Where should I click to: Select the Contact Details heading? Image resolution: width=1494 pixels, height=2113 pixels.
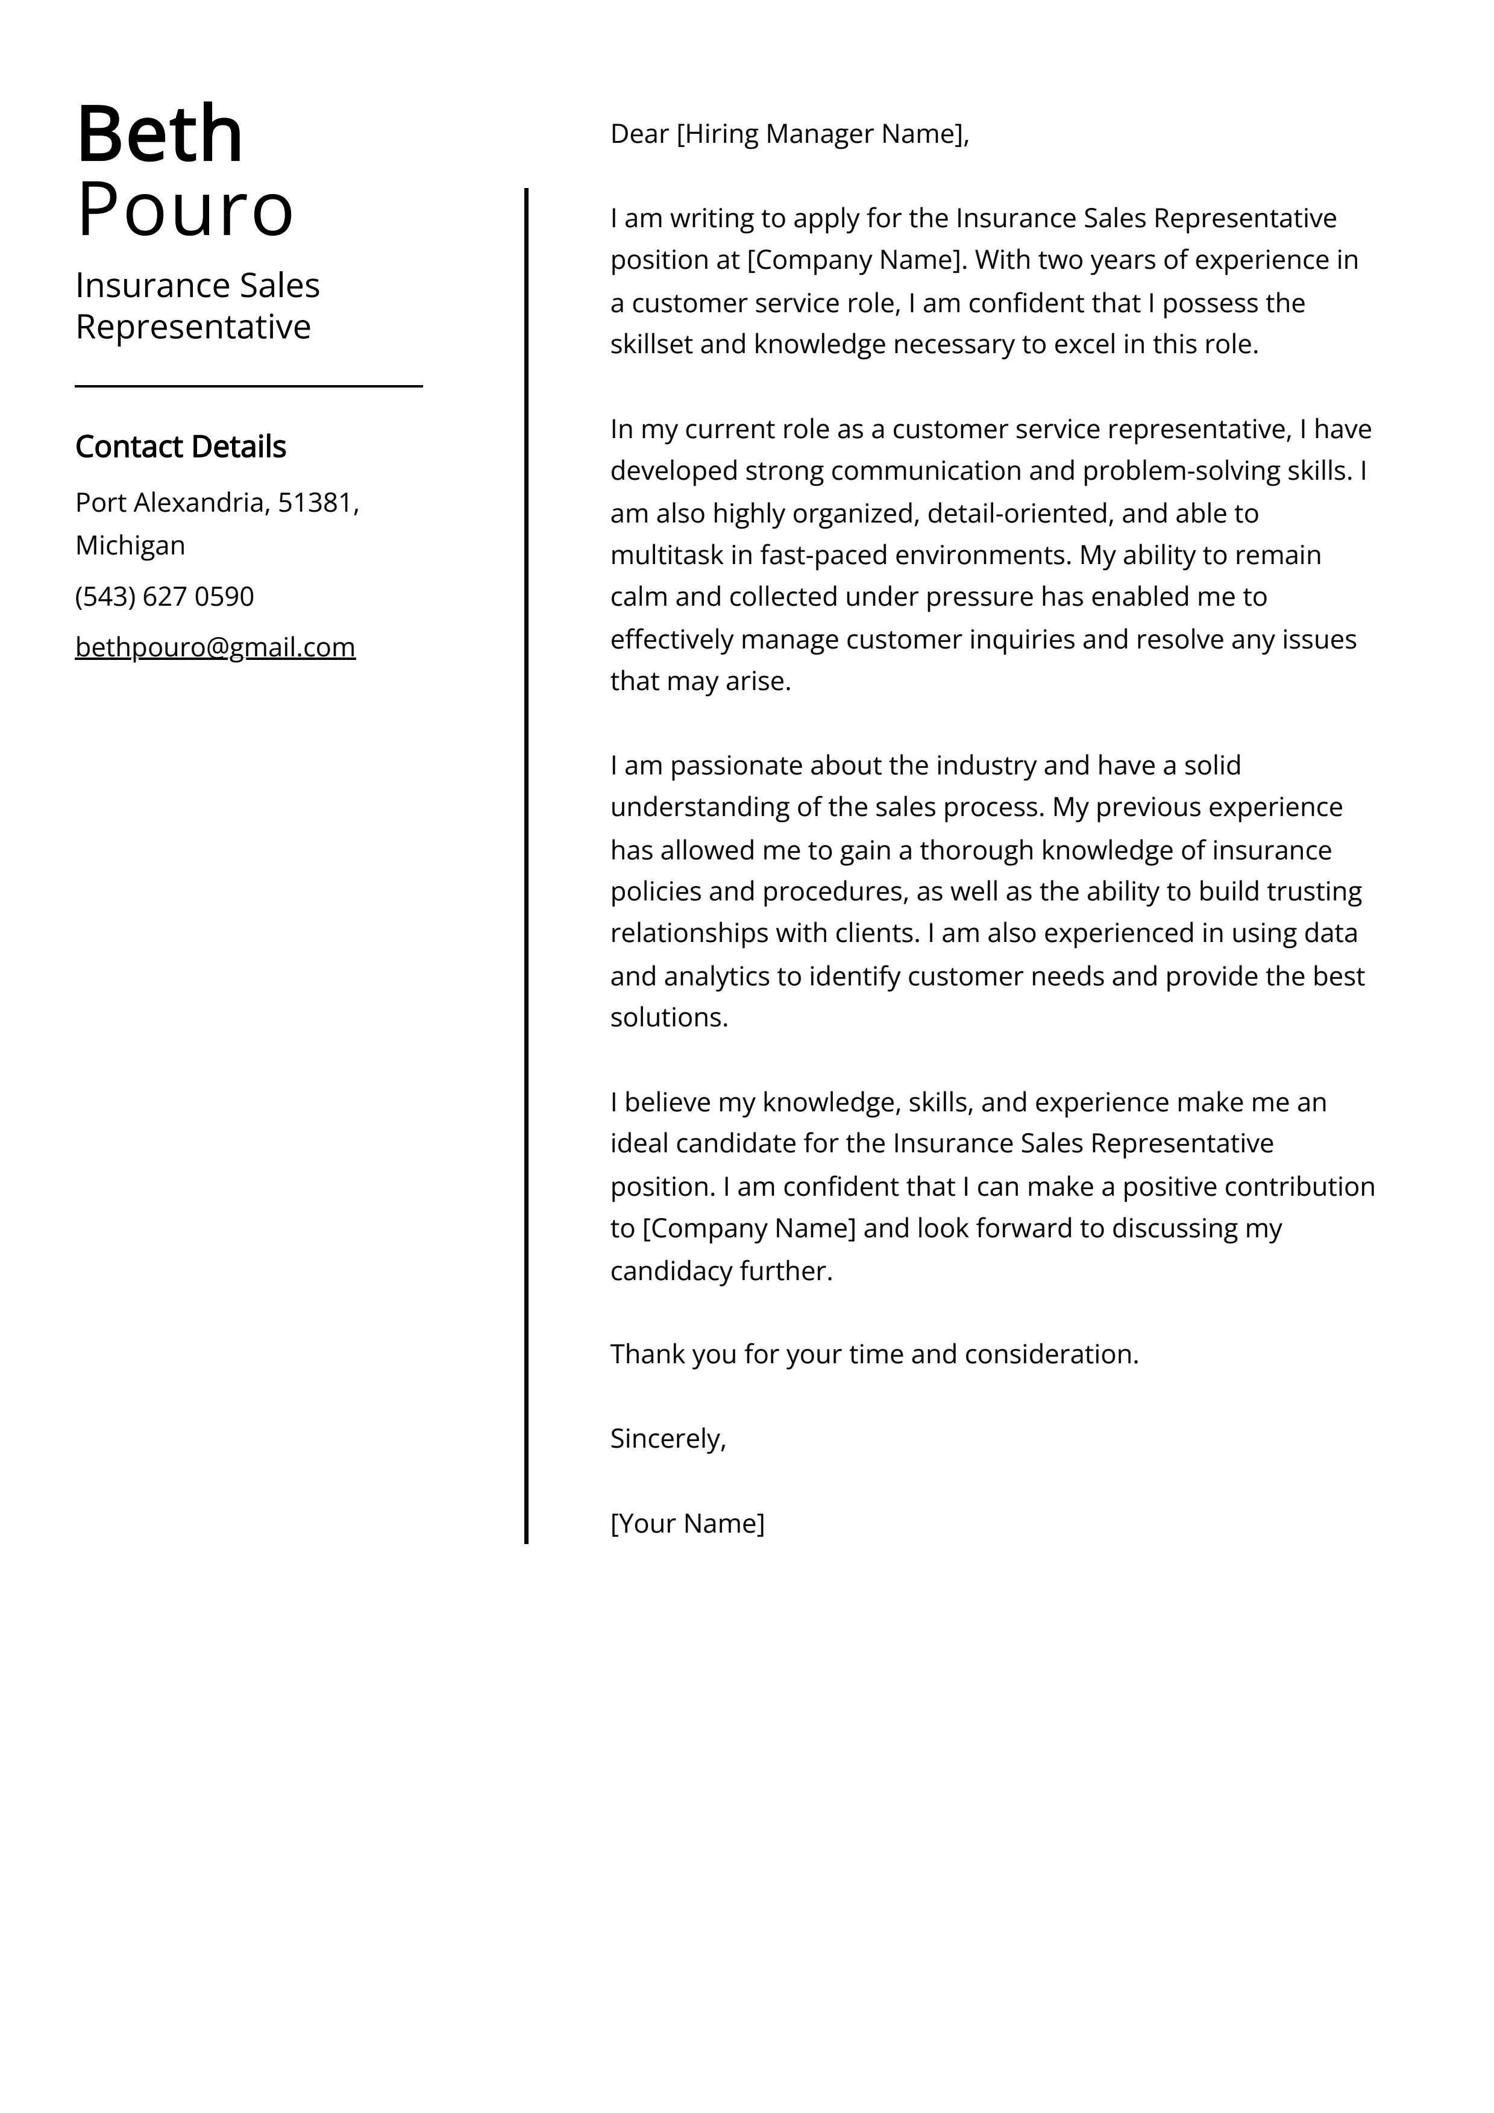[x=180, y=447]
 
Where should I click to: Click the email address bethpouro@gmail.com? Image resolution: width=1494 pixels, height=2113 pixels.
[x=215, y=647]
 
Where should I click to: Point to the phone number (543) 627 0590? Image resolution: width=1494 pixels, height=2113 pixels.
[x=164, y=596]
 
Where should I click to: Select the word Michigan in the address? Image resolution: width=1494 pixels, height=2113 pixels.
[x=130, y=546]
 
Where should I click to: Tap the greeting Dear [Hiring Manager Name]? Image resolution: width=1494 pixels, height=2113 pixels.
[x=789, y=134]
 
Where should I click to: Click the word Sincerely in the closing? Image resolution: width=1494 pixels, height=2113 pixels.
[x=665, y=1439]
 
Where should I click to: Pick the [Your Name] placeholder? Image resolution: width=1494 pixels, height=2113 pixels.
[x=686, y=1523]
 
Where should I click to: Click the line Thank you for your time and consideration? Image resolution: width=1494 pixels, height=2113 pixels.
[x=874, y=1354]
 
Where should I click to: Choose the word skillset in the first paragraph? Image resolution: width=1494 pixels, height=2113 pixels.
[x=651, y=345]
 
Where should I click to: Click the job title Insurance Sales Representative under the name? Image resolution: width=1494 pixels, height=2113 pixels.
[x=197, y=306]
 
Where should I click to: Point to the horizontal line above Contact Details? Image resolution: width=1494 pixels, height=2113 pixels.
[x=248, y=386]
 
